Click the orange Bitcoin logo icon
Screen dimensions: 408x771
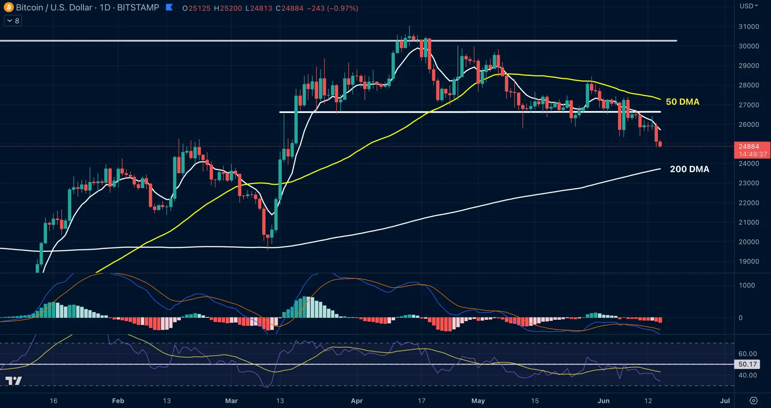(x=8, y=7)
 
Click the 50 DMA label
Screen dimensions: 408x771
(x=682, y=102)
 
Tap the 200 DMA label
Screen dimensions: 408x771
(x=689, y=169)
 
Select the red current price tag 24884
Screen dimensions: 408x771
(x=752, y=150)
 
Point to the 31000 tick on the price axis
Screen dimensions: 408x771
(x=749, y=27)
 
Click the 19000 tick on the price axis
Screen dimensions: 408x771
(x=749, y=261)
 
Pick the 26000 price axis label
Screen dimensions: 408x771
(x=749, y=124)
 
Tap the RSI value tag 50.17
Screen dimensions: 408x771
(x=747, y=364)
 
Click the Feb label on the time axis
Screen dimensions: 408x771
(x=118, y=401)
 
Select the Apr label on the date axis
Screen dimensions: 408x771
(x=357, y=401)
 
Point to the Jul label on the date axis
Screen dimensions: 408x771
(x=725, y=401)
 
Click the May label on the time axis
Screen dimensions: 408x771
(x=478, y=401)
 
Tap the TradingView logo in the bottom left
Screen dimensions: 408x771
(x=13, y=381)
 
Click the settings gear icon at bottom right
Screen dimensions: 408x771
(x=753, y=401)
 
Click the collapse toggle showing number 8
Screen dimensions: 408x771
(x=13, y=21)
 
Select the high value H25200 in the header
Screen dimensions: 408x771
(x=228, y=8)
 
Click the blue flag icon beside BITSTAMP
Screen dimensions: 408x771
(x=169, y=7)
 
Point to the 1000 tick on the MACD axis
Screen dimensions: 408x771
(x=747, y=285)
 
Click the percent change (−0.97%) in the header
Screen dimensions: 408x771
(x=343, y=8)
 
